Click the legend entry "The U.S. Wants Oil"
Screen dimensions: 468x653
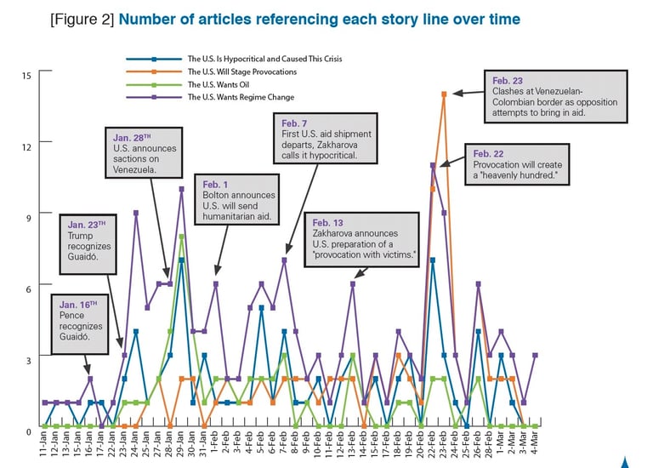click(x=217, y=85)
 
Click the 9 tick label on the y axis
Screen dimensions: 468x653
click(x=29, y=218)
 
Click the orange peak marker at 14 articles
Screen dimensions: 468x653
click(x=444, y=94)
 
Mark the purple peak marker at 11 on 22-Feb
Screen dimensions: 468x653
click(x=433, y=165)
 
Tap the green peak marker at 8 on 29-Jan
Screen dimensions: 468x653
click(x=182, y=236)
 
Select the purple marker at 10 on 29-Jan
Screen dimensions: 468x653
click(x=182, y=189)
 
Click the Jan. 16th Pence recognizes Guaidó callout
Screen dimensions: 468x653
click(x=85, y=324)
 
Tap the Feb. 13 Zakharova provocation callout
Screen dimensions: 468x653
click(x=365, y=241)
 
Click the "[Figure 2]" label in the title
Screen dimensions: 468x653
click(x=82, y=19)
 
